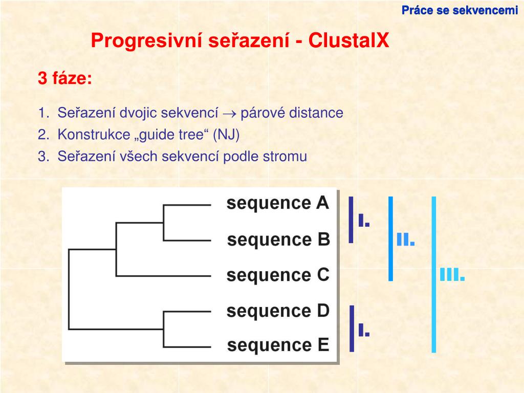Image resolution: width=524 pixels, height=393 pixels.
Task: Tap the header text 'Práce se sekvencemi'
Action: coord(460,10)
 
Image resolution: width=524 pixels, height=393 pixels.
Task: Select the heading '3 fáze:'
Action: coord(65,79)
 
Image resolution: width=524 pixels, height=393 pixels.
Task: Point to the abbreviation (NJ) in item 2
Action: coord(226,135)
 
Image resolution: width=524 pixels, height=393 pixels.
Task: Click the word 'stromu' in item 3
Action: coord(285,157)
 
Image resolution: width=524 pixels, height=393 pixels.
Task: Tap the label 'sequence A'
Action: coord(278,203)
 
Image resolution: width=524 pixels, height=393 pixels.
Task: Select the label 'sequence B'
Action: coord(278,239)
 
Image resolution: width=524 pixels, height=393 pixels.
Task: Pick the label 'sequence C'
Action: coord(278,275)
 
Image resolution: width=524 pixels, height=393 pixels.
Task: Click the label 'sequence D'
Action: coord(278,311)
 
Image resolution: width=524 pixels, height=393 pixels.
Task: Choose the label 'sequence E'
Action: coord(278,345)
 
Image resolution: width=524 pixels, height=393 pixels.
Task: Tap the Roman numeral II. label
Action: coord(405,239)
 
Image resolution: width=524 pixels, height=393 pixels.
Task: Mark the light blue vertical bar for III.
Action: coord(434,274)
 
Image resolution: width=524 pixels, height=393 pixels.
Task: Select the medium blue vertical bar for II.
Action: coord(390,238)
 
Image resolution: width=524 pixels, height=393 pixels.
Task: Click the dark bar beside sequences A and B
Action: coord(351,219)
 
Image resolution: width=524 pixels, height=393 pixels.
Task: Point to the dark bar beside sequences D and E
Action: coord(352,329)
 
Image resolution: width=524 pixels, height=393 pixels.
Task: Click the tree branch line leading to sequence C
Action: coord(164,276)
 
